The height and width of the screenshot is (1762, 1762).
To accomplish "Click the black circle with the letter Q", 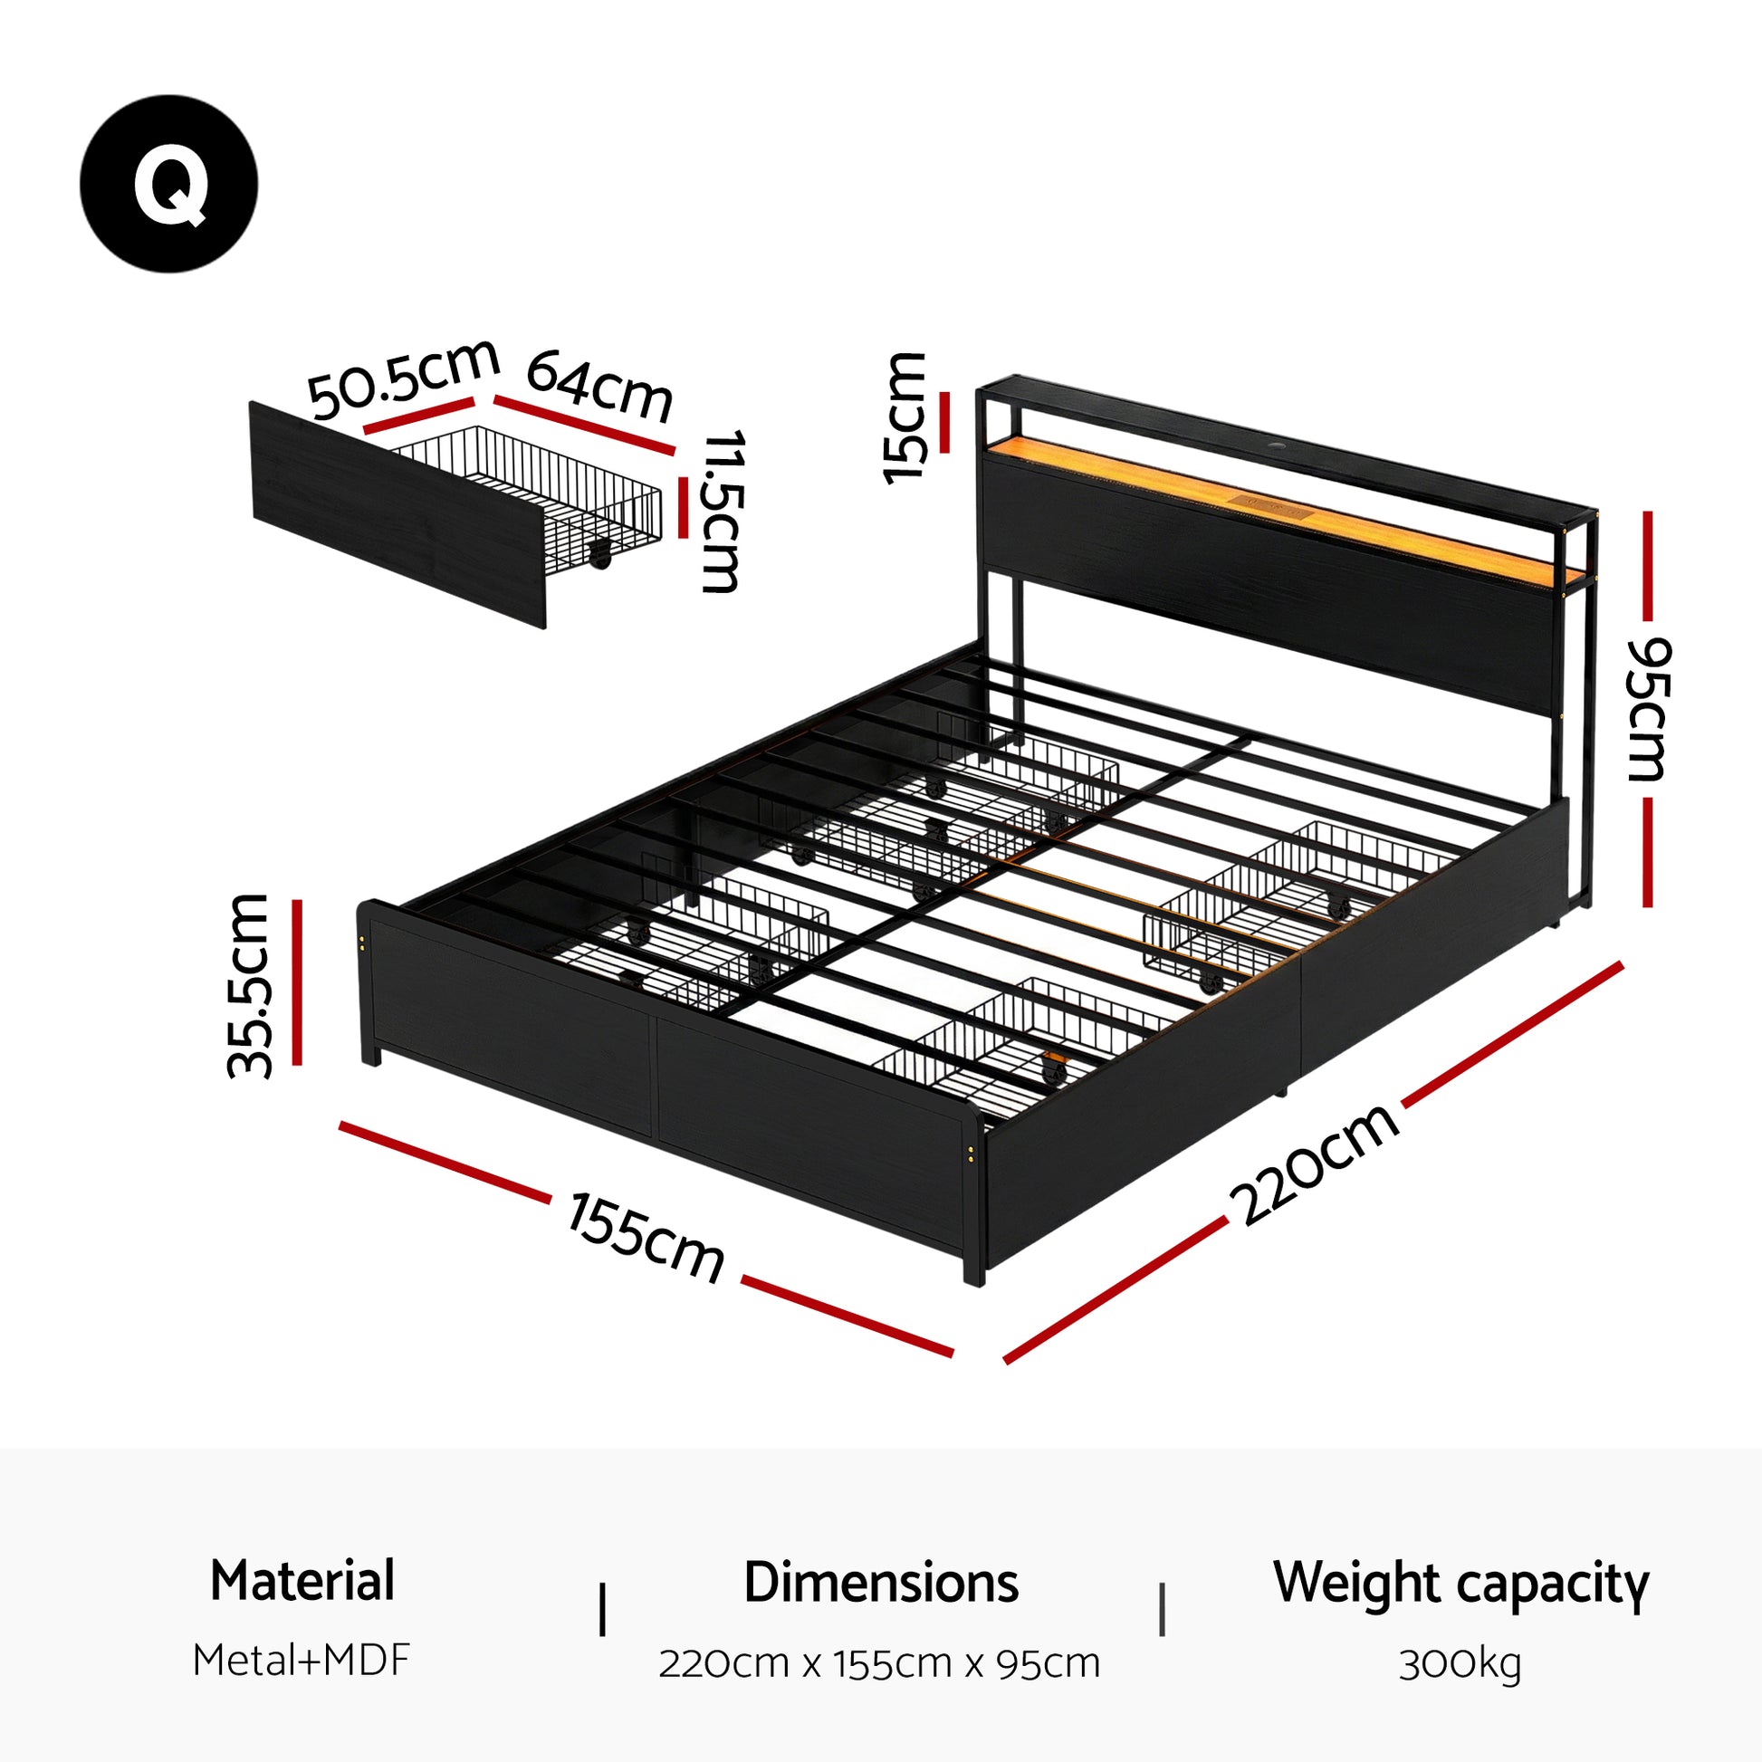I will (x=168, y=183).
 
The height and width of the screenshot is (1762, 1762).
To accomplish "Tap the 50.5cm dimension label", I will (x=403, y=378).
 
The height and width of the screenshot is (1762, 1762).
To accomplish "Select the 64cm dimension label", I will (x=599, y=387).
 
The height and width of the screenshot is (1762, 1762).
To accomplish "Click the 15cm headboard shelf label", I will (x=905, y=417).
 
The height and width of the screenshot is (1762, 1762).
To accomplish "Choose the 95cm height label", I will (x=1648, y=709).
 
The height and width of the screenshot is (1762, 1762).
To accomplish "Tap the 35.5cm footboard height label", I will (x=249, y=986).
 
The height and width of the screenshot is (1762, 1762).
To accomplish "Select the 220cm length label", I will (x=1313, y=1165).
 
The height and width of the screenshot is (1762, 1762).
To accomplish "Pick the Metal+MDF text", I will (x=302, y=1661).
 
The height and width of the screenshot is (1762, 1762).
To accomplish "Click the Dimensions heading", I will (x=880, y=1583).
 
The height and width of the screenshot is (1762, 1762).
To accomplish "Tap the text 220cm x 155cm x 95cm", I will (x=879, y=1663).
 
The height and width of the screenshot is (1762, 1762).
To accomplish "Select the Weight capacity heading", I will (x=1461, y=1584).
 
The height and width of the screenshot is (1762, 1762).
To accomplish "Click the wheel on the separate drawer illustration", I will (x=599, y=554).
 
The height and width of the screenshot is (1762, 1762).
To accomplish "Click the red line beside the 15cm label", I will (x=945, y=421).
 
